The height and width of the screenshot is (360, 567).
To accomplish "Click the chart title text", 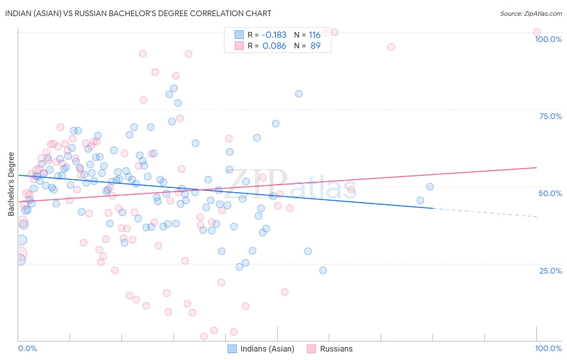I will coord(138,13).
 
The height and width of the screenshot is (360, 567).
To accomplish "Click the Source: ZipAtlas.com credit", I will coord(531,13).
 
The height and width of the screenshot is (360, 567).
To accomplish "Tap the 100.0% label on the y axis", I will coord(548,39).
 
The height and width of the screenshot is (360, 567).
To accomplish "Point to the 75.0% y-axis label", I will coord(550,116).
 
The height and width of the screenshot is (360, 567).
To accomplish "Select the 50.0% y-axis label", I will coord(550,193).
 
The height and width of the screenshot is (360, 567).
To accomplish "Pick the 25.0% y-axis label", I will coord(550,270).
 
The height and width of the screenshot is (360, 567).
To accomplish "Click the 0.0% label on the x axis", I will coord(27,348).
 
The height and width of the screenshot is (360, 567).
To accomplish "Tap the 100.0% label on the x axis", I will coord(548,348).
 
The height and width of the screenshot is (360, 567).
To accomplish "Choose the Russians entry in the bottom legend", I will coord(336,349).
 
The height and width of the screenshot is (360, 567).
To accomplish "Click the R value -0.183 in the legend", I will coord(274,35).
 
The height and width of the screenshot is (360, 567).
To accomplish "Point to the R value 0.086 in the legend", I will coord(274,46).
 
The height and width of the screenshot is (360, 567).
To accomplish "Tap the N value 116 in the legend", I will coord(315,35).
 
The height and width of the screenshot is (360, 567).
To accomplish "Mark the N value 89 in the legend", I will coord(315,46).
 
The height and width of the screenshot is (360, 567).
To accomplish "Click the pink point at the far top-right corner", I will coord(536,32).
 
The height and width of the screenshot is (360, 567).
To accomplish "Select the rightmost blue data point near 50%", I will coord(430,186).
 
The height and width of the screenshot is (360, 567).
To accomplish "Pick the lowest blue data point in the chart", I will coord(323,270).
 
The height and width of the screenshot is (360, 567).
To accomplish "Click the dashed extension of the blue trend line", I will coord(484,213).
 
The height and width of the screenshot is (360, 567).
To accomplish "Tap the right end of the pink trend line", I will coord(536,167).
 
